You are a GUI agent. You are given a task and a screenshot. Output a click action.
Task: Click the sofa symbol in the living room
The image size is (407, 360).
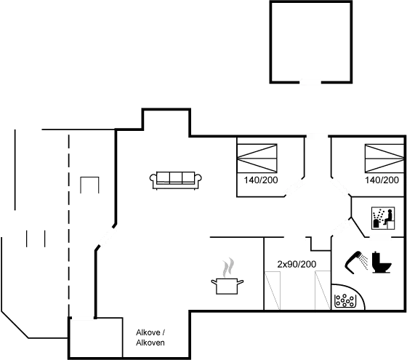tap(175, 180)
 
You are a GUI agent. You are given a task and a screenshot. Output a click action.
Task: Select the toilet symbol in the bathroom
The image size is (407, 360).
tap(378, 263)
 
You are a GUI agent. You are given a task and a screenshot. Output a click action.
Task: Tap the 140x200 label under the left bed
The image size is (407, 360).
tap(259, 180)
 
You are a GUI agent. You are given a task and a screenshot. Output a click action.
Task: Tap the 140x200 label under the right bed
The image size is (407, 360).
tap(382, 180)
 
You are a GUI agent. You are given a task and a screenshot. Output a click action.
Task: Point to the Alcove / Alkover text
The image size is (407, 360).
tap(150, 337)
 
